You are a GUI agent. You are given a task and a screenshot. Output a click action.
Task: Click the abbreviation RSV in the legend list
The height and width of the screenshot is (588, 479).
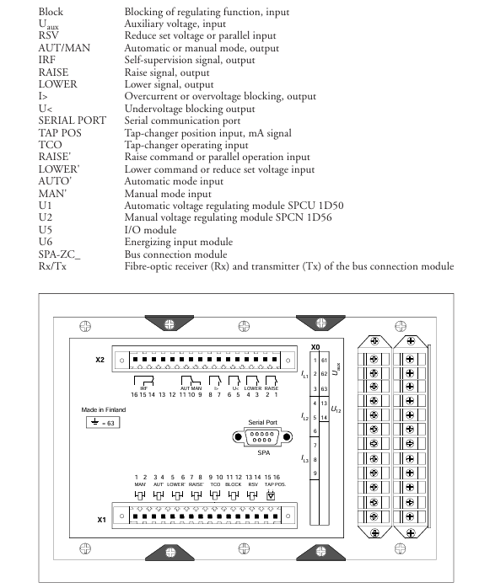click(48, 35)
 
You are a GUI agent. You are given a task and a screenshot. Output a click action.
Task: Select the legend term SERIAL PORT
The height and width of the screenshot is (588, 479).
click(72, 120)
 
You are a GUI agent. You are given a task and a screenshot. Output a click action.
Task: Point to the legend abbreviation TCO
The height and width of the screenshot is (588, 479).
click(50, 145)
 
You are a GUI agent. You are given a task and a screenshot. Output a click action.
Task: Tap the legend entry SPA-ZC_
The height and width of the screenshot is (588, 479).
click(59, 254)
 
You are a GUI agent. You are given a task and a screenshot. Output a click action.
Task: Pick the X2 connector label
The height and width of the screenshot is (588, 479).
click(100, 360)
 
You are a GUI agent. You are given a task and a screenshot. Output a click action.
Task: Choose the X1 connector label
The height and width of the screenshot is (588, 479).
click(101, 520)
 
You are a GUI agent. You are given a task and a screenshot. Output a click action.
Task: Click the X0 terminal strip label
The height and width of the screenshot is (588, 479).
click(315, 347)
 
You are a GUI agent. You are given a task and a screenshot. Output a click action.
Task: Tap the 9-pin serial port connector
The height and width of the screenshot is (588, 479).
click(262, 437)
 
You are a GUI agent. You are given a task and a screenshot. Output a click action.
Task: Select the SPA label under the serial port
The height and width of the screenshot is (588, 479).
click(263, 452)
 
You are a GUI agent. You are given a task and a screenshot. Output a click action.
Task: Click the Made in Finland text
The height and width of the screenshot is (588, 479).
click(104, 410)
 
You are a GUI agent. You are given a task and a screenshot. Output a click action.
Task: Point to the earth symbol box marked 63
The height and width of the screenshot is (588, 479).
click(103, 423)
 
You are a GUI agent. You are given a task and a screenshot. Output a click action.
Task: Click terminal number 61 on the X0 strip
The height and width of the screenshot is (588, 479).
click(324, 360)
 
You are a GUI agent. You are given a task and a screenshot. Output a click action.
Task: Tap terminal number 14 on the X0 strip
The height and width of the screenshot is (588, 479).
click(324, 417)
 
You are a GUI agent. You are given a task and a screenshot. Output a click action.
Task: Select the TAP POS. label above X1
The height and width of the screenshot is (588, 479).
click(275, 484)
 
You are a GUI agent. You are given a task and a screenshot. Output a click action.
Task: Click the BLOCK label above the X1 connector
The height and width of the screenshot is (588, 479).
click(233, 484)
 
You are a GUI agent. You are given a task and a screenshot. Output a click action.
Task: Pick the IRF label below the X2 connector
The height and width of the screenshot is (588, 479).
click(143, 388)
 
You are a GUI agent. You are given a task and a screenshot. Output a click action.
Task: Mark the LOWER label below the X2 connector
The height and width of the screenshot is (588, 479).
click(253, 388)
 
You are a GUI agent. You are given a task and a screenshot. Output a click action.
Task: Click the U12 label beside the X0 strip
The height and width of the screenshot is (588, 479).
click(336, 409)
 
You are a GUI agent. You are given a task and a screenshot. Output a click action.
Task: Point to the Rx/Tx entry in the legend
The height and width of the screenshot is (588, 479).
click(52, 266)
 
